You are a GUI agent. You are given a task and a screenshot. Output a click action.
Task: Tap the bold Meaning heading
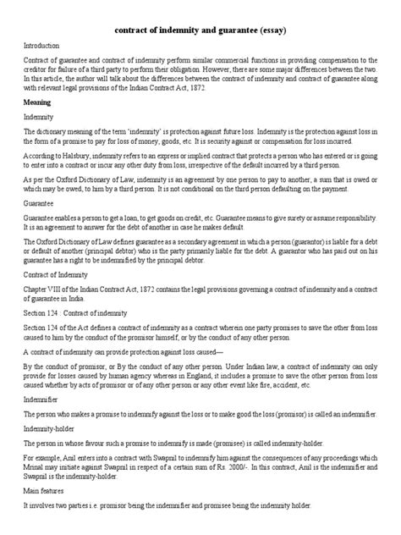[x=35, y=124]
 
